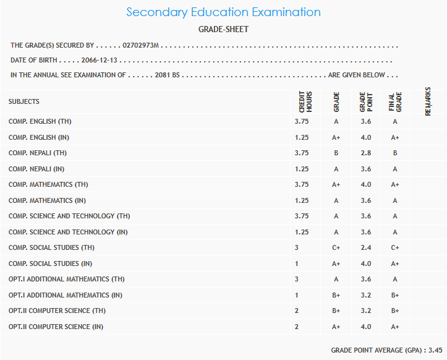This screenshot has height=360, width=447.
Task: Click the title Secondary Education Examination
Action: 223,12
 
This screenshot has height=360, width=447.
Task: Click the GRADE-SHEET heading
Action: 223,29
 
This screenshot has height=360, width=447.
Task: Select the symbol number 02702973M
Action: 141,45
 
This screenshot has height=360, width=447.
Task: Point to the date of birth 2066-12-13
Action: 100,60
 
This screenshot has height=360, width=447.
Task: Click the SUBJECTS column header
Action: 24,101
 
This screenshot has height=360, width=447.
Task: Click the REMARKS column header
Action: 428,101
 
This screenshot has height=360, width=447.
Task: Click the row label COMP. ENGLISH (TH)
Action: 40,121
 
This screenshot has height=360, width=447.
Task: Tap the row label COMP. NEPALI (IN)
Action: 38,169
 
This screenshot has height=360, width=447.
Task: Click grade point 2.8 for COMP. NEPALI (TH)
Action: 365,153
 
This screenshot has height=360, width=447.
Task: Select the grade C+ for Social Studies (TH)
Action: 336,247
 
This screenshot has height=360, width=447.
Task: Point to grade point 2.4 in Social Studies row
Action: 365,247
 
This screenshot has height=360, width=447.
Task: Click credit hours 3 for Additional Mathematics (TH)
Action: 297,279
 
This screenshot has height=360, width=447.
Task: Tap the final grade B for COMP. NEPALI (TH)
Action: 394,153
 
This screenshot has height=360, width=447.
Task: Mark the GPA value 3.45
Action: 436,350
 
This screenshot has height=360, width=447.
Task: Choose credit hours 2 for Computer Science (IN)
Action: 297,327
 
